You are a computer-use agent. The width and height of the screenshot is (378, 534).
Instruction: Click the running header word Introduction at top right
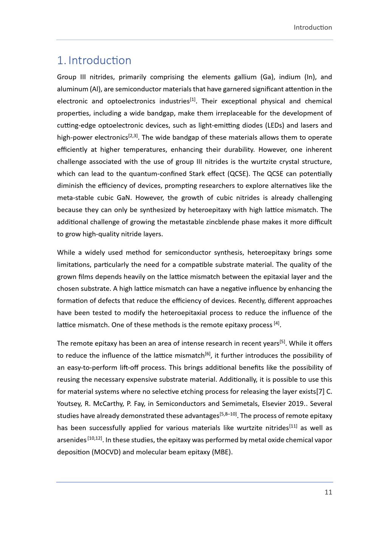[313, 28]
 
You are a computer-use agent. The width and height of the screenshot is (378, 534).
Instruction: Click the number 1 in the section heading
[60, 60]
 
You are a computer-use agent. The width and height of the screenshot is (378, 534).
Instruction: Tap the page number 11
[328, 492]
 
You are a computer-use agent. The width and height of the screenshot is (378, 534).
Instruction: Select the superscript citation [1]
[193, 100]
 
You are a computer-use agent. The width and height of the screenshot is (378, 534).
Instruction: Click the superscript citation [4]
[277, 323]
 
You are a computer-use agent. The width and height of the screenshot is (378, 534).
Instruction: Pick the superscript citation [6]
[208, 354]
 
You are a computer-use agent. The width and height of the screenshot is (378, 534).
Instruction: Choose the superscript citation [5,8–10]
[228, 414]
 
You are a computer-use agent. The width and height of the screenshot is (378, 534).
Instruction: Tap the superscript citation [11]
[293, 426]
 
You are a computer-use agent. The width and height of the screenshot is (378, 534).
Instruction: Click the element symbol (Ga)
[267, 77]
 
